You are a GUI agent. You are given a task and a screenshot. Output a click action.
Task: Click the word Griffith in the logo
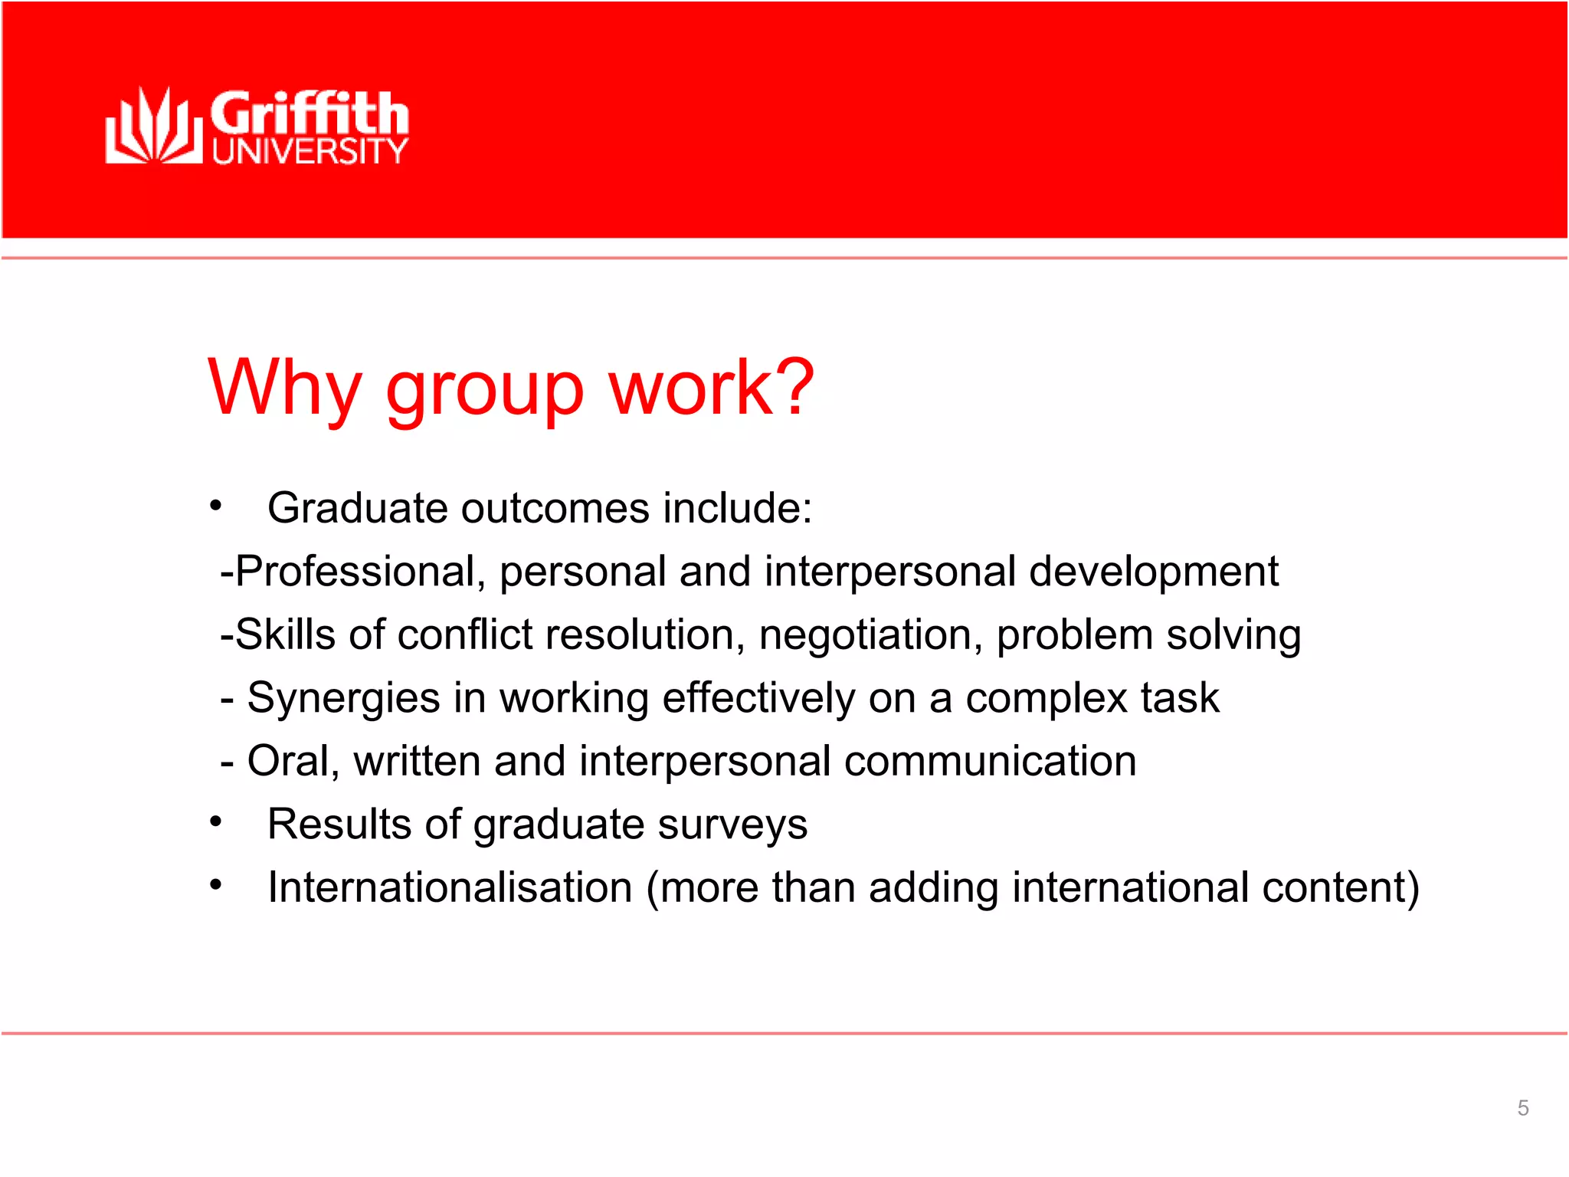[x=309, y=113]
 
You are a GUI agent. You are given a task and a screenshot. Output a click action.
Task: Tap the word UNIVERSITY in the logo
[x=310, y=152]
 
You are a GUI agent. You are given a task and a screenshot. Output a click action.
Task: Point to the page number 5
[x=1523, y=1108]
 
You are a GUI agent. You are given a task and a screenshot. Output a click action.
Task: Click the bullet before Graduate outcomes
[x=216, y=507]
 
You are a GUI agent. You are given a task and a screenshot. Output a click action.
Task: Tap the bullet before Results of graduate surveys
[x=216, y=822]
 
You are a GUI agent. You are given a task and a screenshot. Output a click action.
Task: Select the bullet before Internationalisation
[x=216, y=886]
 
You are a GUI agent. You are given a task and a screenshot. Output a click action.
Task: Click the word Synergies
[x=343, y=699]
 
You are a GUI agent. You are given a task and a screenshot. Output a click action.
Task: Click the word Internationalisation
[x=450, y=887]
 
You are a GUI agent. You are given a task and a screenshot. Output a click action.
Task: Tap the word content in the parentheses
[x=1332, y=887]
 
